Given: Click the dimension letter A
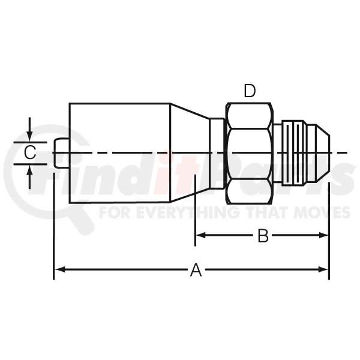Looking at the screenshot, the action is (196, 270).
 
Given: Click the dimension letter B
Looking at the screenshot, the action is (263, 235).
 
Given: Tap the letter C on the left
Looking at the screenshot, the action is (30, 153).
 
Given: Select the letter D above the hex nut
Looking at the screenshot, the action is (250, 91).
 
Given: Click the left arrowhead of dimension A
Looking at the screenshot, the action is (59, 269).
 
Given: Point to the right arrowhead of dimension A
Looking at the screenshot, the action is (323, 269).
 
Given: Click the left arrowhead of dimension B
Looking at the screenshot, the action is (201, 235).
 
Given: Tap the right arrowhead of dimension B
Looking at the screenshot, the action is (323, 235).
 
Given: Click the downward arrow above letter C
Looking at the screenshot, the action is (29, 129).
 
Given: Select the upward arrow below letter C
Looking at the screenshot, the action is (29, 178).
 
